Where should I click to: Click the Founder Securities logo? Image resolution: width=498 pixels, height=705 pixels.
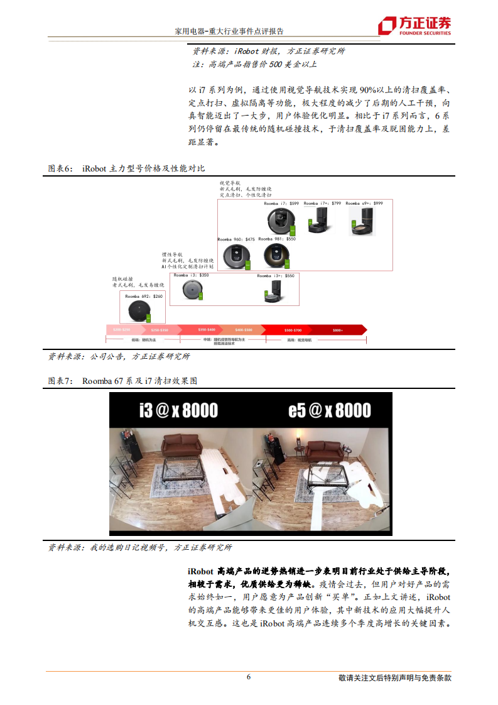click(x=414, y=25)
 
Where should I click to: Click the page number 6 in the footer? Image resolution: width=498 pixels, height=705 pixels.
click(x=249, y=677)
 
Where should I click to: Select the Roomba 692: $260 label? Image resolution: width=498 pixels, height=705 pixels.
click(x=143, y=295)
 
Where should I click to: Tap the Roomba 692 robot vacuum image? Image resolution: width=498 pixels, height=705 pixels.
click(x=138, y=310)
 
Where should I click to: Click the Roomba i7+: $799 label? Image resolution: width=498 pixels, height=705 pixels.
click(x=322, y=204)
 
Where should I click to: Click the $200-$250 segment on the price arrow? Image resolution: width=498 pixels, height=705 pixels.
click(x=122, y=329)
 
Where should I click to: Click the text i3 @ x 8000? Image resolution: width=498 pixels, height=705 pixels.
click(x=178, y=411)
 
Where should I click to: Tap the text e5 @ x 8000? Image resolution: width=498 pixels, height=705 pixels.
click(x=329, y=411)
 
